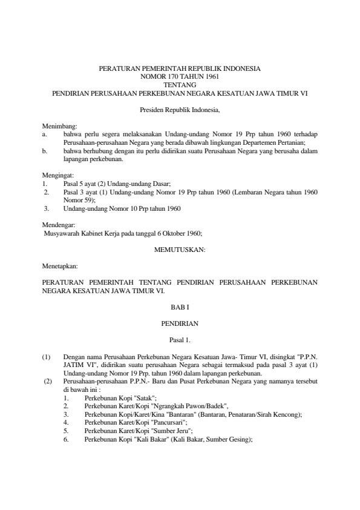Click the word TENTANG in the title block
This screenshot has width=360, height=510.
(x=180, y=85)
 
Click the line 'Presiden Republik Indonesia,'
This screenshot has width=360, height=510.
(x=180, y=110)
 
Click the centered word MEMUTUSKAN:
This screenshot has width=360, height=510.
(x=180, y=249)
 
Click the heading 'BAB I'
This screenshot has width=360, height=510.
(x=180, y=308)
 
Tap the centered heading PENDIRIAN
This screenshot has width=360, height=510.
(x=180, y=324)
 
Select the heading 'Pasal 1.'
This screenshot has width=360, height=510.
(x=180, y=340)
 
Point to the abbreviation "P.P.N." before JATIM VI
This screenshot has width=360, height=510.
(x=307, y=357)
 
